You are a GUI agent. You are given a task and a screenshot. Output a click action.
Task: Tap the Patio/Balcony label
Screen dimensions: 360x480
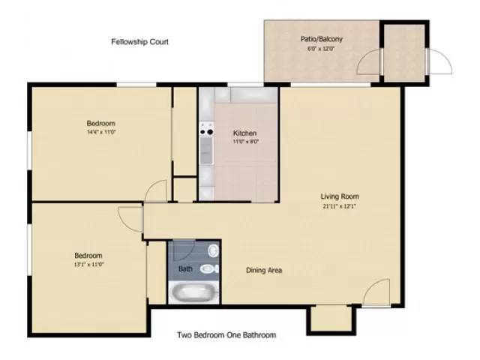click(322, 38)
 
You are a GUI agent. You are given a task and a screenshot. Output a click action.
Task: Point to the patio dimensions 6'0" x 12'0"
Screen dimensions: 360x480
click(322, 49)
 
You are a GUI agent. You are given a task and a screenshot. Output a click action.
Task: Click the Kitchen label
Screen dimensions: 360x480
click(245, 133)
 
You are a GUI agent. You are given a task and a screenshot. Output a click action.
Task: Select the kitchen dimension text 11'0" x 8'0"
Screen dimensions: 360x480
click(245, 142)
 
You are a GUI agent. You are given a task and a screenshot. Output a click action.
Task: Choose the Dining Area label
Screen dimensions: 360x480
click(264, 270)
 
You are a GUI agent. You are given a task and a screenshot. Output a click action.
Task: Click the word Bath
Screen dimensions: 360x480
click(184, 268)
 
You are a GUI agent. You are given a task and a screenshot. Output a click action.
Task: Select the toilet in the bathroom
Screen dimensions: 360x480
click(211, 268)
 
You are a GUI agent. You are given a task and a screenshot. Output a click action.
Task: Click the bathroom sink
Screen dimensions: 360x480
click(213, 250)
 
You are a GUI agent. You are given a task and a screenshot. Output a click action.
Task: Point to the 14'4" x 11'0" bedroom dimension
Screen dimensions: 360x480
click(100, 132)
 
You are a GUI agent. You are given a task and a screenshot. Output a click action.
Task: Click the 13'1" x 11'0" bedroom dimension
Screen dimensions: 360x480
click(88, 264)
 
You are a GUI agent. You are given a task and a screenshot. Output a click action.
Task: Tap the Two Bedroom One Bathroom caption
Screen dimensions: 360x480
click(226, 335)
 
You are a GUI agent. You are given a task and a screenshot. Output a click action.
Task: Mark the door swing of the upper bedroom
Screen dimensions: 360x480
click(156, 190)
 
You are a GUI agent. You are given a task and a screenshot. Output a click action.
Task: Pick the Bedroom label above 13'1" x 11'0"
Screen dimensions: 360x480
click(88, 255)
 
